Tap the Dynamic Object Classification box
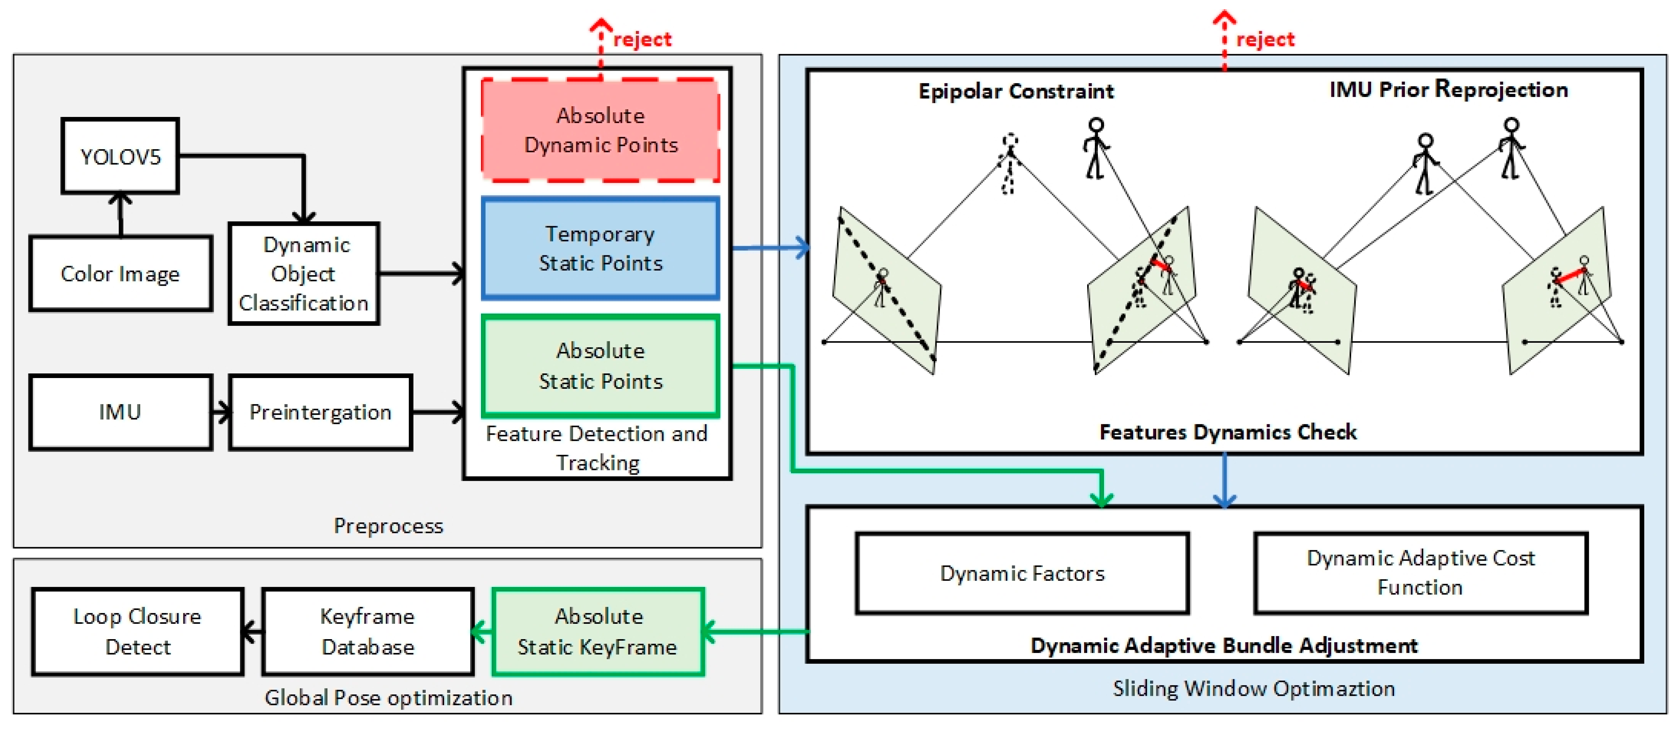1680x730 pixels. click(304, 274)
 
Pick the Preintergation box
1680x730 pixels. click(320, 412)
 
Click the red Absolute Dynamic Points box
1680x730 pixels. click(600, 130)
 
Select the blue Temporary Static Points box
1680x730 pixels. click(600, 248)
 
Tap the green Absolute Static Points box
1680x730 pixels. click(600, 366)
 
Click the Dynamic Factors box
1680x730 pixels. click(1022, 574)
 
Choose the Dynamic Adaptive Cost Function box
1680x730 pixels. click(1421, 573)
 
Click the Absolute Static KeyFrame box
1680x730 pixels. click(597, 631)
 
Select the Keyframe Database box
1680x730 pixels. click(368, 631)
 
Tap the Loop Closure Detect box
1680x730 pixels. click(138, 631)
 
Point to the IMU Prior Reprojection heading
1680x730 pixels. click(1449, 89)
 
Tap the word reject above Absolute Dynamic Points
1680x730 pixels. click(642, 40)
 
